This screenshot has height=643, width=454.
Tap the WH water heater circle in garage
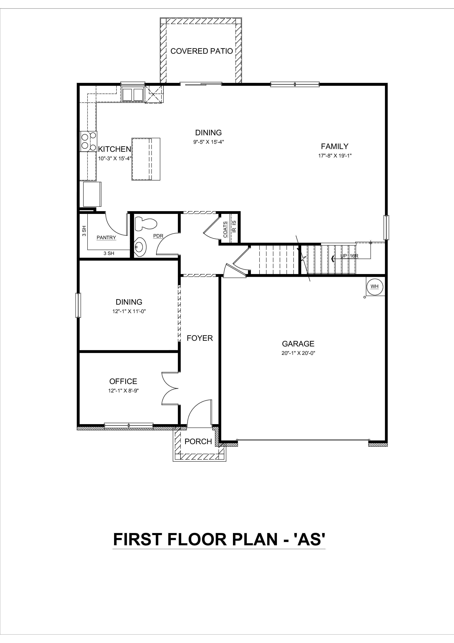tap(375, 286)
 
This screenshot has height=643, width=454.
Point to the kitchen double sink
tap(133, 94)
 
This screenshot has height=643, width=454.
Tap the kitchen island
tap(146, 159)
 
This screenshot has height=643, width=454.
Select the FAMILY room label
tap(335, 146)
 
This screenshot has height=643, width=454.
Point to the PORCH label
tap(198, 441)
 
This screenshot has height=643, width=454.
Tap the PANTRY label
tap(106, 238)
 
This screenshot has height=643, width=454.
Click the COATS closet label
tap(225, 230)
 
